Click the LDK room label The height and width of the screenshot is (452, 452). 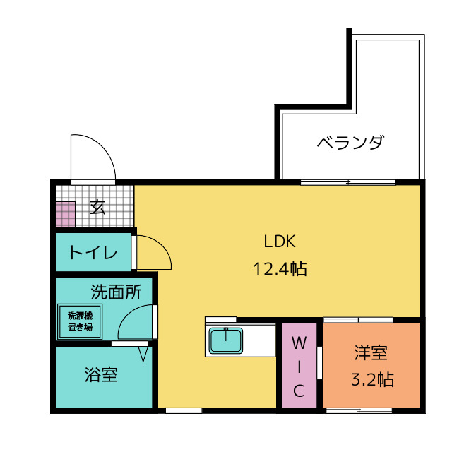point(280,242)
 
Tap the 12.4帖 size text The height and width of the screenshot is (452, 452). point(280,268)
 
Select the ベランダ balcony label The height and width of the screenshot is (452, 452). point(350,143)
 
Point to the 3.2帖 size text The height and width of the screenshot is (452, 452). point(372,379)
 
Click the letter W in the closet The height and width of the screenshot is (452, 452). point(299,343)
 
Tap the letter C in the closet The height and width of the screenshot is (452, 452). point(299,391)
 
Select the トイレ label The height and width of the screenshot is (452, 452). point(93,252)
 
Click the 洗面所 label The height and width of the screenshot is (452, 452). point(116,291)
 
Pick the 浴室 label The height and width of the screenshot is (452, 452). point(100,374)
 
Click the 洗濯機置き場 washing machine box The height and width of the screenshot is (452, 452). point(80,321)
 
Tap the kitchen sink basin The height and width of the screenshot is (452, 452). point(226,342)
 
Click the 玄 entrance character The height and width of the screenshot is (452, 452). point(97,207)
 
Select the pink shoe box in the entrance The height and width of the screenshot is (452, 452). point(66,214)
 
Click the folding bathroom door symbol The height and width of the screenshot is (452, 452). point(143,351)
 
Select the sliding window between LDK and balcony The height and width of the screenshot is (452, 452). point(347,183)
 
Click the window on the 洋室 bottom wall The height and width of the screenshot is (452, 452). point(359,410)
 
